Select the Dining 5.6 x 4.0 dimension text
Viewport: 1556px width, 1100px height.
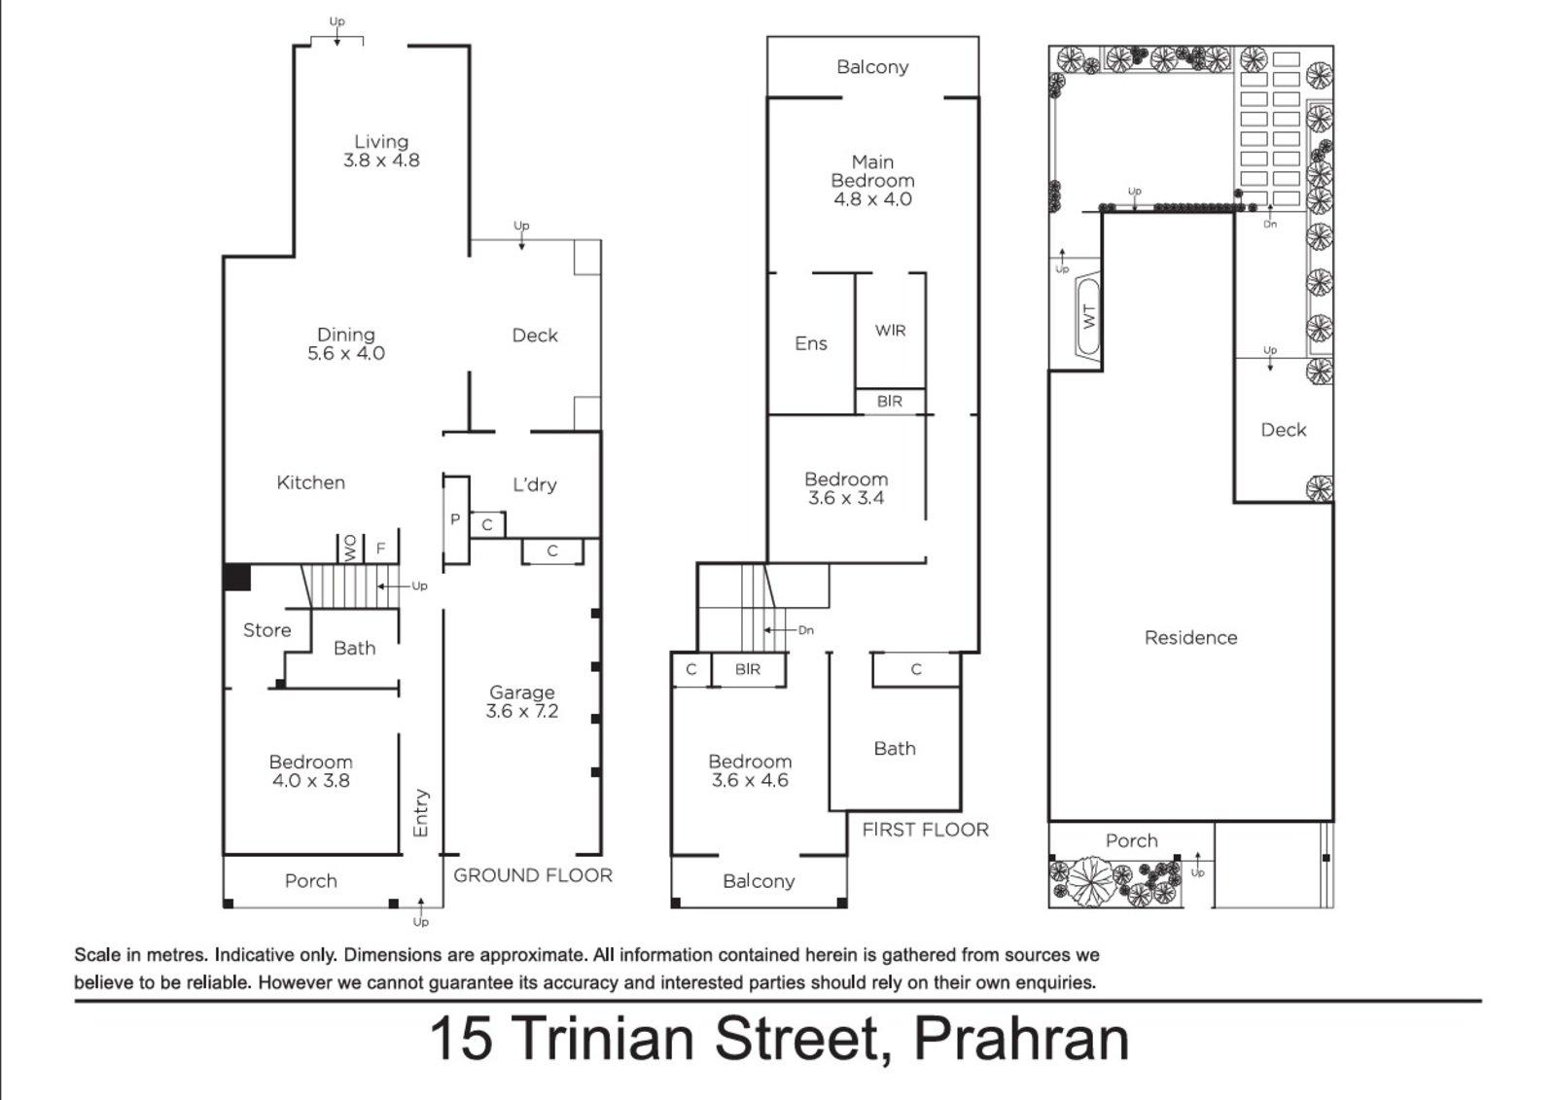click(x=346, y=354)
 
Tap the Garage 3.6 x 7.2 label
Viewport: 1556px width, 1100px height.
click(x=522, y=701)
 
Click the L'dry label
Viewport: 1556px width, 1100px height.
click(x=534, y=484)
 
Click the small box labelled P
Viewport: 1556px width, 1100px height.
click(x=454, y=519)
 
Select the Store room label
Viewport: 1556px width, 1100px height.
click(x=266, y=630)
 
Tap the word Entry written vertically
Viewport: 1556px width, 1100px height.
click(x=421, y=812)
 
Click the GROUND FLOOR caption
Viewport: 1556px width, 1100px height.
click(x=533, y=875)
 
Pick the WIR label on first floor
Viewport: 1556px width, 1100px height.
click(x=890, y=331)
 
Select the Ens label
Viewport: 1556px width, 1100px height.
click(x=810, y=343)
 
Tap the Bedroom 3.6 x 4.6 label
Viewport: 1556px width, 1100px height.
click(x=750, y=770)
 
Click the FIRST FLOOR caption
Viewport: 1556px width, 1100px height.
click(x=925, y=830)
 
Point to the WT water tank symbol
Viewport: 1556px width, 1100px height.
click(x=1088, y=317)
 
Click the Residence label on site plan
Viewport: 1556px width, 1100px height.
click(x=1190, y=638)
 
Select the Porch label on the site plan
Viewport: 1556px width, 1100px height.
click(x=1131, y=840)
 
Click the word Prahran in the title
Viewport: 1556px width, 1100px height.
click(x=1021, y=1039)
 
